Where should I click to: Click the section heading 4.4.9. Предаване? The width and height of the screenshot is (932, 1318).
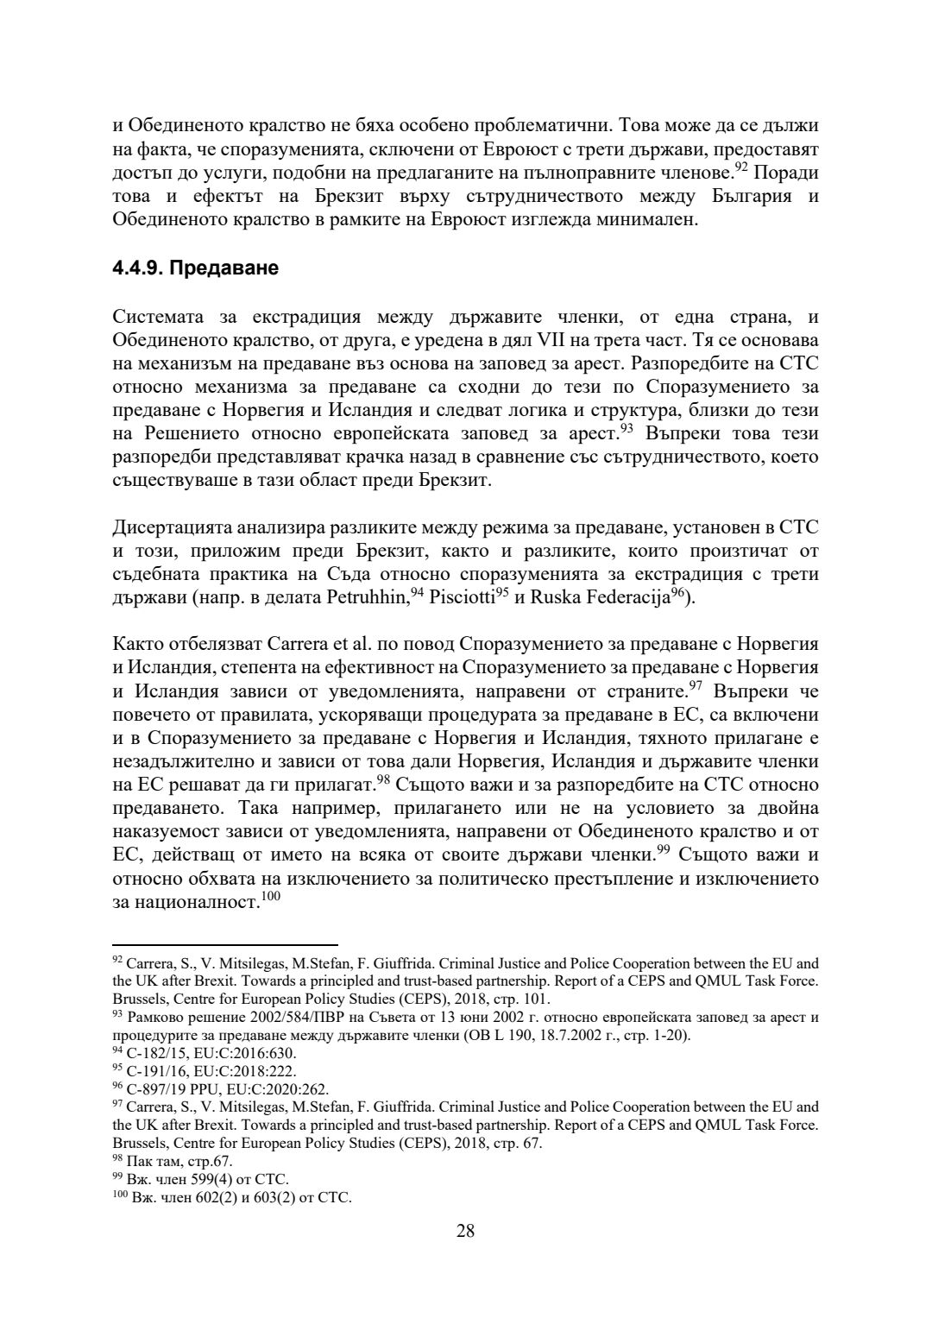(195, 268)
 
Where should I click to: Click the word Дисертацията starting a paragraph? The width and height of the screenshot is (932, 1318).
(173, 527)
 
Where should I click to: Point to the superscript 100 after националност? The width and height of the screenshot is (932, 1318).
(271, 897)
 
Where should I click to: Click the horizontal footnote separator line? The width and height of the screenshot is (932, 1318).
(225, 946)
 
